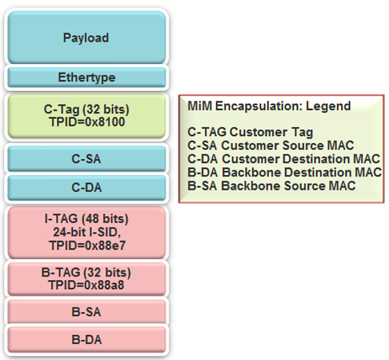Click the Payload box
click(x=87, y=38)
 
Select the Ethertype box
click(x=87, y=77)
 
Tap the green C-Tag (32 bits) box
click(x=87, y=116)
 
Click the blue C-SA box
click(x=87, y=159)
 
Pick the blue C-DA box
click(x=87, y=188)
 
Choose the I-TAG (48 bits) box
click(x=87, y=233)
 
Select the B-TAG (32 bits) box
click(x=87, y=279)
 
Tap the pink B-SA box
click(x=87, y=312)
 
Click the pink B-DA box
click(x=87, y=340)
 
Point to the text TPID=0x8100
click(x=87, y=122)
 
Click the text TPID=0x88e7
click(x=88, y=245)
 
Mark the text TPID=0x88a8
click(x=86, y=285)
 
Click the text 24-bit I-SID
click(x=87, y=232)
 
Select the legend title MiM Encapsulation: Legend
click(x=270, y=106)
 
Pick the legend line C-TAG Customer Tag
click(x=250, y=132)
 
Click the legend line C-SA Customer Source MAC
click(x=271, y=145)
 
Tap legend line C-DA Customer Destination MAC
click(x=284, y=159)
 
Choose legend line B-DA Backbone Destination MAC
click(x=285, y=172)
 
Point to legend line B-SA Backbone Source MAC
click(x=272, y=186)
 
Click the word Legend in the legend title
click(x=329, y=106)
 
